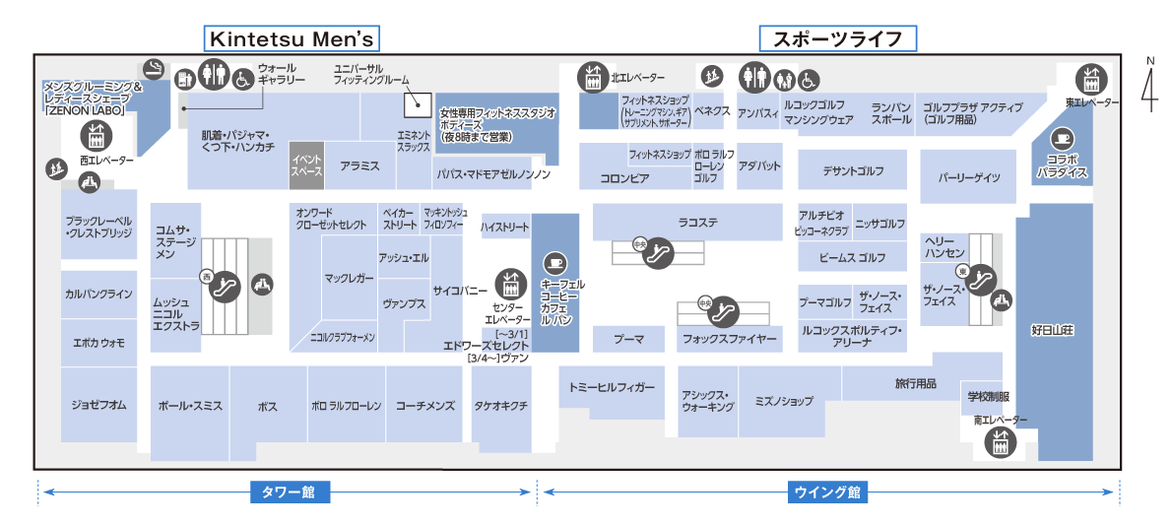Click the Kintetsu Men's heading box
coord(292,38)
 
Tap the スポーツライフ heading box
coord(837,38)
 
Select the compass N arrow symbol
coord(1148,85)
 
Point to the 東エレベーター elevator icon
coord(1090,77)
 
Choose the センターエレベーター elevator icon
coord(509,283)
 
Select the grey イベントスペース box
coord(306,165)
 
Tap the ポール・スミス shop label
coord(190,405)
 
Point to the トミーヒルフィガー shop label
coord(611,387)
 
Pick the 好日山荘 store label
coord(1053,328)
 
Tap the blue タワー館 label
coord(289,492)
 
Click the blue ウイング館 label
coord(827,492)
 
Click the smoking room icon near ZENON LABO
coord(152,68)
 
